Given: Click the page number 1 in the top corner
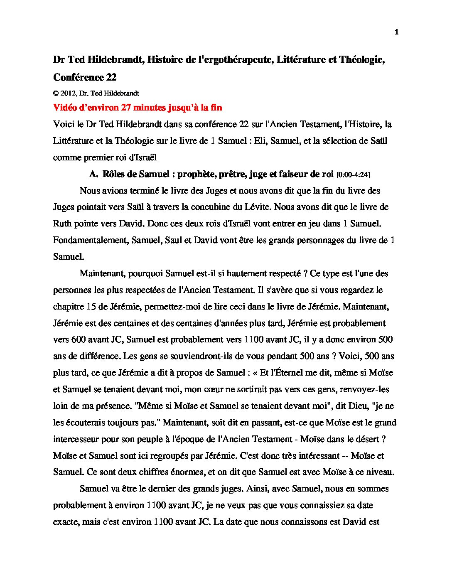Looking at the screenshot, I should pos(396,32).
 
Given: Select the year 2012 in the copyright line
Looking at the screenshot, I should pos(68,93).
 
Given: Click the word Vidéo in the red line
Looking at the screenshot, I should pos(64,108).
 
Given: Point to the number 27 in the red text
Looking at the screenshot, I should pos(126,108).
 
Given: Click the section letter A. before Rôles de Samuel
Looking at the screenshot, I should pos(93,174).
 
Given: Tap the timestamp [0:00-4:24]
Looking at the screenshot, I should pos(353,175).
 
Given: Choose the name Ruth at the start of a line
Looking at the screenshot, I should pos(62,224).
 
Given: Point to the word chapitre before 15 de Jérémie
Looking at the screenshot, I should pos(68,307).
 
